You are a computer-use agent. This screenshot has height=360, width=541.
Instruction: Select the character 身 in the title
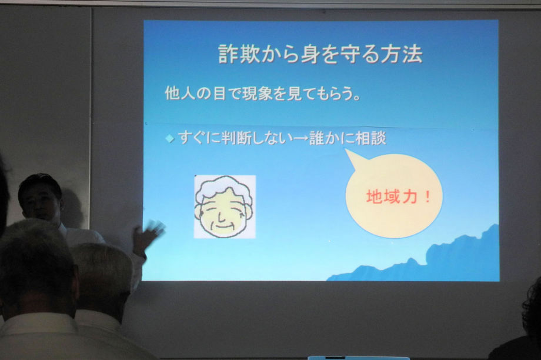point(310,54)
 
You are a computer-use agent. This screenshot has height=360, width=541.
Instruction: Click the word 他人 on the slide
point(180,93)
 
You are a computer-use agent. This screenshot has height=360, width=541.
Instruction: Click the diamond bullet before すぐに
point(170,139)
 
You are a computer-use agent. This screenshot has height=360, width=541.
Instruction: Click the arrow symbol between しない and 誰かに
point(299,139)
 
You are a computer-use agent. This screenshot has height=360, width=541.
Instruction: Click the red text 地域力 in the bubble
point(392,196)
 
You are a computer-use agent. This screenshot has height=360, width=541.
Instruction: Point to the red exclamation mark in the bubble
point(428,196)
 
